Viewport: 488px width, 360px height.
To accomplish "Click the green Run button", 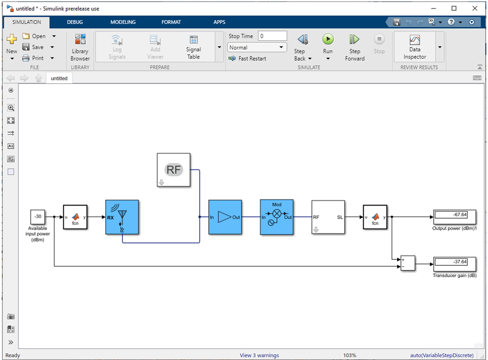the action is point(328,39).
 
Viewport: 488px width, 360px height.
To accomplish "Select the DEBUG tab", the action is point(75,22).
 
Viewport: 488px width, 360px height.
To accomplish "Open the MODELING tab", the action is point(123,22).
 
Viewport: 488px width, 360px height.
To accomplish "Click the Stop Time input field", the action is point(272,36).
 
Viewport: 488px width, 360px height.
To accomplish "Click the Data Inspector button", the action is point(415,47).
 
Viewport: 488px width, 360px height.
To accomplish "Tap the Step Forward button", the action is point(354,47).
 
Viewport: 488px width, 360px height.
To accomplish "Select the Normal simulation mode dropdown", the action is point(256,48).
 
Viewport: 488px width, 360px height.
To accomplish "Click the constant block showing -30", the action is point(37,217).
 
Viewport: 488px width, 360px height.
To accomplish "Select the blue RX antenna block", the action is point(122,217).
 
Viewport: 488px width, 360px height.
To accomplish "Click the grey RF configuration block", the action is point(174,170).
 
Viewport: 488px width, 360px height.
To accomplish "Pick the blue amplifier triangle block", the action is point(225,217).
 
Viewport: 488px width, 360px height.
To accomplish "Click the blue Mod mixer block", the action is point(277,217).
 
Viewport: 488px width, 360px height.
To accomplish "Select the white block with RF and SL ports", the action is point(328,217).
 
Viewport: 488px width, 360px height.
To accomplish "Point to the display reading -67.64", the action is point(455,217).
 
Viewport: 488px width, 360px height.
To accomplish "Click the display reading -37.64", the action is point(455,264).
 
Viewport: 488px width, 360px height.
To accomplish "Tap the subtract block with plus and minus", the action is point(408,263).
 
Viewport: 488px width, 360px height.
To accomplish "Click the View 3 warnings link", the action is point(259,355).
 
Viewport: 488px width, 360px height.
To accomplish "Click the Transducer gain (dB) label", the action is point(454,275).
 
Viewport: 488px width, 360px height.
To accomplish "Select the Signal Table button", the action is point(193,47).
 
